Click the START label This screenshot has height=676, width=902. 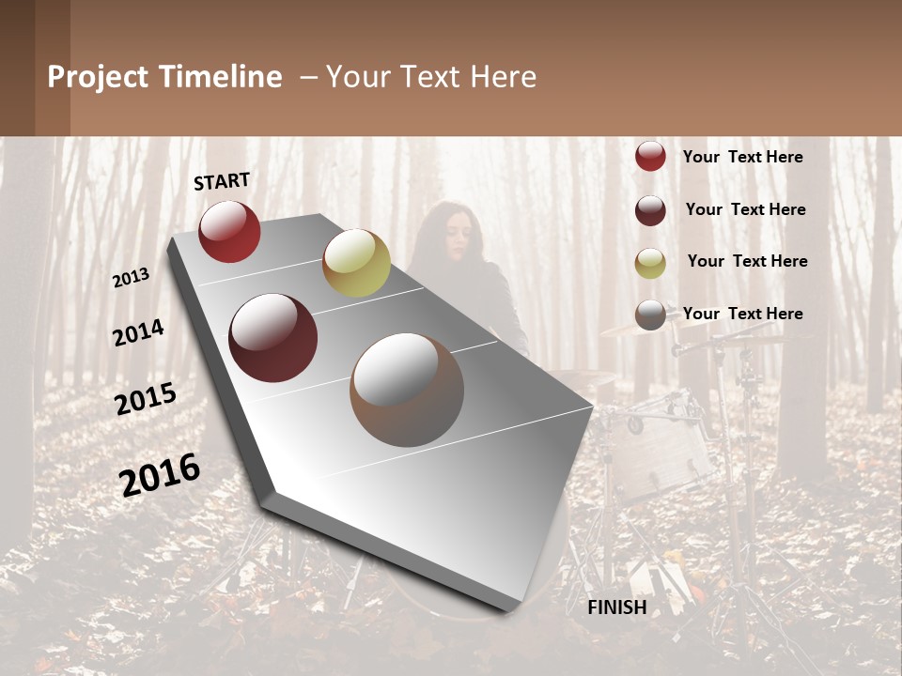(222, 181)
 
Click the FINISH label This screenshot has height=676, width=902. (616, 607)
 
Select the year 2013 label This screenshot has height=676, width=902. (131, 277)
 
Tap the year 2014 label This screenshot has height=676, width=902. (138, 332)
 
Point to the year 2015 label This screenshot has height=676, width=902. (146, 399)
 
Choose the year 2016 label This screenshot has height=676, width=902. (160, 475)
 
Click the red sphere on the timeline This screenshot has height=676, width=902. (229, 231)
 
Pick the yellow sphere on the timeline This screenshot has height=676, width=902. (356, 263)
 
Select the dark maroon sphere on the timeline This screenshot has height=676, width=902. (273, 338)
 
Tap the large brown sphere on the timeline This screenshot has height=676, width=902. (407, 390)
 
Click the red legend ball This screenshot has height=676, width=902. (650, 156)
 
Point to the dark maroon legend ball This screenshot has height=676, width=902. (650, 210)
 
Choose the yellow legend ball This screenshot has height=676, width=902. (650, 263)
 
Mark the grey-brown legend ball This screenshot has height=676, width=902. (650, 315)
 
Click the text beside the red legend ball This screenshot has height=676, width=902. (742, 157)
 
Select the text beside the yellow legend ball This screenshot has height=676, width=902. (747, 261)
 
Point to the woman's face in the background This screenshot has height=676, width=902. (452, 236)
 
